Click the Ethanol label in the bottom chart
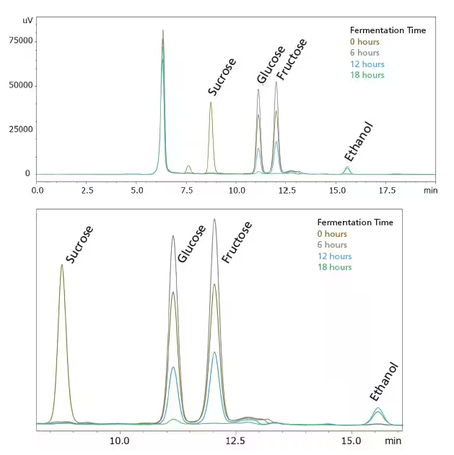(x=384, y=381)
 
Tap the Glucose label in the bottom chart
(x=191, y=243)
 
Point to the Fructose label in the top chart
(x=291, y=58)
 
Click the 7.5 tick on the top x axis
(x=188, y=191)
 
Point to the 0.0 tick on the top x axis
(x=38, y=191)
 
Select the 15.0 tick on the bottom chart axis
(x=352, y=440)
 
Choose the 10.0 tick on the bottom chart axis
(x=120, y=440)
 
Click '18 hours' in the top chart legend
(x=367, y=75)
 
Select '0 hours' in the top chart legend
(x=364, y=42)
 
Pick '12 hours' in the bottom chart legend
(x=335, y=256)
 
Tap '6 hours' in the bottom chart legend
(x=332, y=245)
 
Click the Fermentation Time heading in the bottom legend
(x=355, y=222)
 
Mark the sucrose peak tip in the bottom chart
(x=62, y=265)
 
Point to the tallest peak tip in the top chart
(x=163, y=31)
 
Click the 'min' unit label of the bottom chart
(x=393, y=440)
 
